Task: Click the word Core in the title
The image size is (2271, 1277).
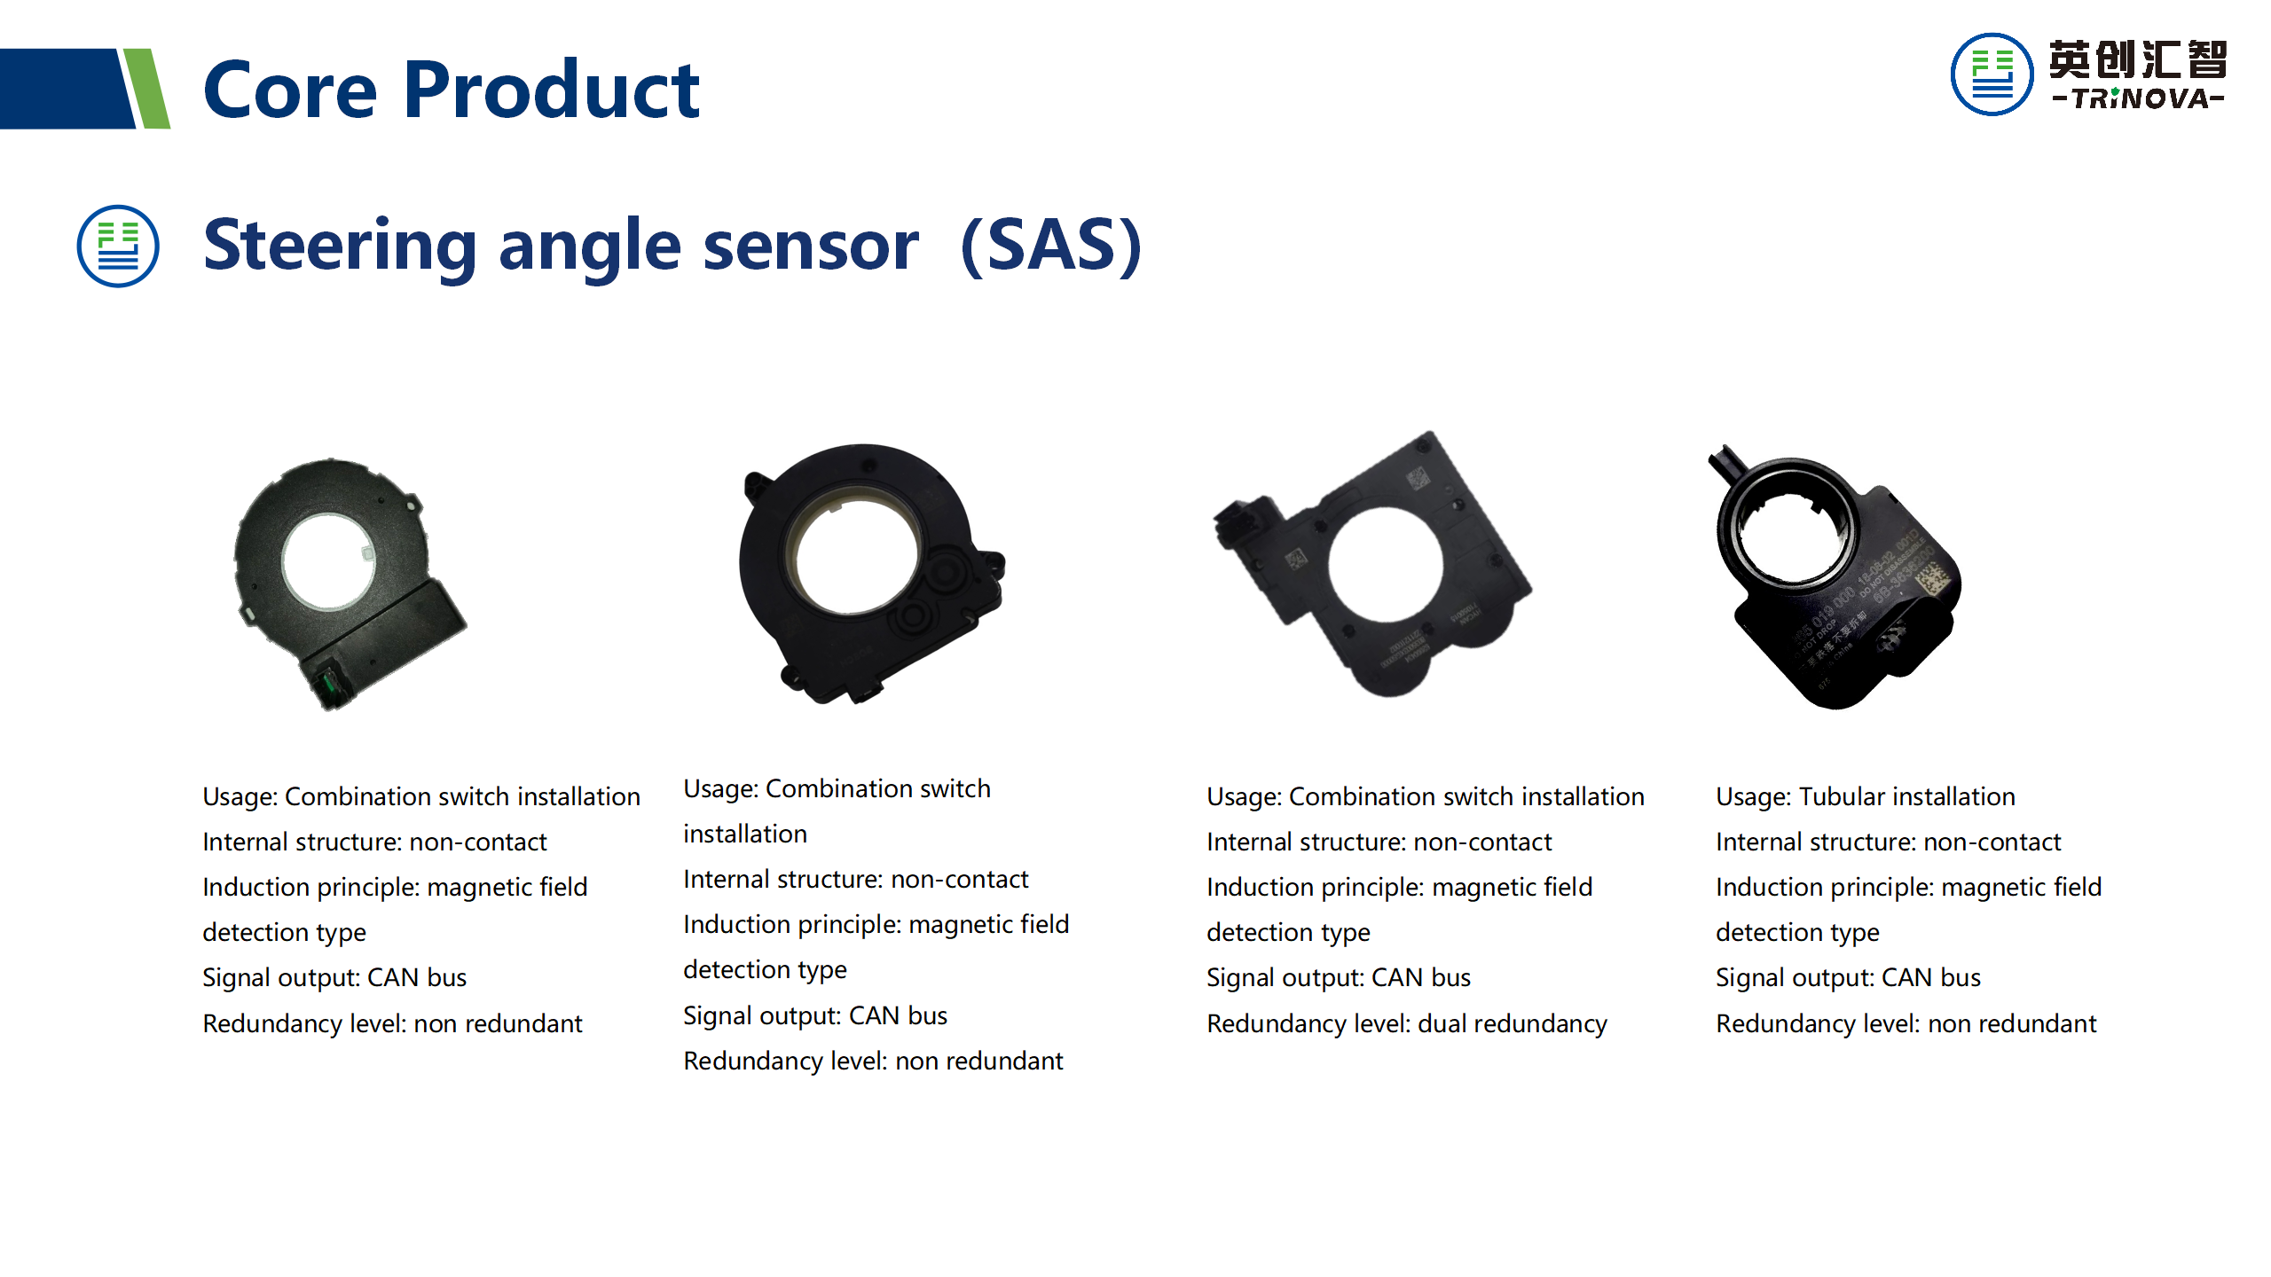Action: point(290,90)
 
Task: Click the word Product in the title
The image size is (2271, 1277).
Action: point(551,90)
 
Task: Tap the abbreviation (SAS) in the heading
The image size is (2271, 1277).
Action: point(1051,246)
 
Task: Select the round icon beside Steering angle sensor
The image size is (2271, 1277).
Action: point(118,247)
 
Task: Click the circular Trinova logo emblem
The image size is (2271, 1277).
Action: point(1991,74)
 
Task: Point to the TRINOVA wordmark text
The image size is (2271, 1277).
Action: point(2138,98)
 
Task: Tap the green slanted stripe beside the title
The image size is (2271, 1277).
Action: point(147,89)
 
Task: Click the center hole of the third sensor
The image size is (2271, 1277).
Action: point(1385,564)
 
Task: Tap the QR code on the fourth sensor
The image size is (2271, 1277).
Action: point(1935,582)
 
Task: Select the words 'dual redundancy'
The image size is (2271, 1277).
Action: point(1512,1023)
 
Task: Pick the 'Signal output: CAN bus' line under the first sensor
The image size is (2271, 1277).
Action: point(334,977)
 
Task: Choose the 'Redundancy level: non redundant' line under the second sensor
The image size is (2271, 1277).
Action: point(873,1061)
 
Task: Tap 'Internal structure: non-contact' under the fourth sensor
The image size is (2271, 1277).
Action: point(1888,842)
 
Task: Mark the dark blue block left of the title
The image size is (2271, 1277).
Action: point(62,89)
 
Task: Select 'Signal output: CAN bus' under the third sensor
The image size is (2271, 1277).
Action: point(1339,977)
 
